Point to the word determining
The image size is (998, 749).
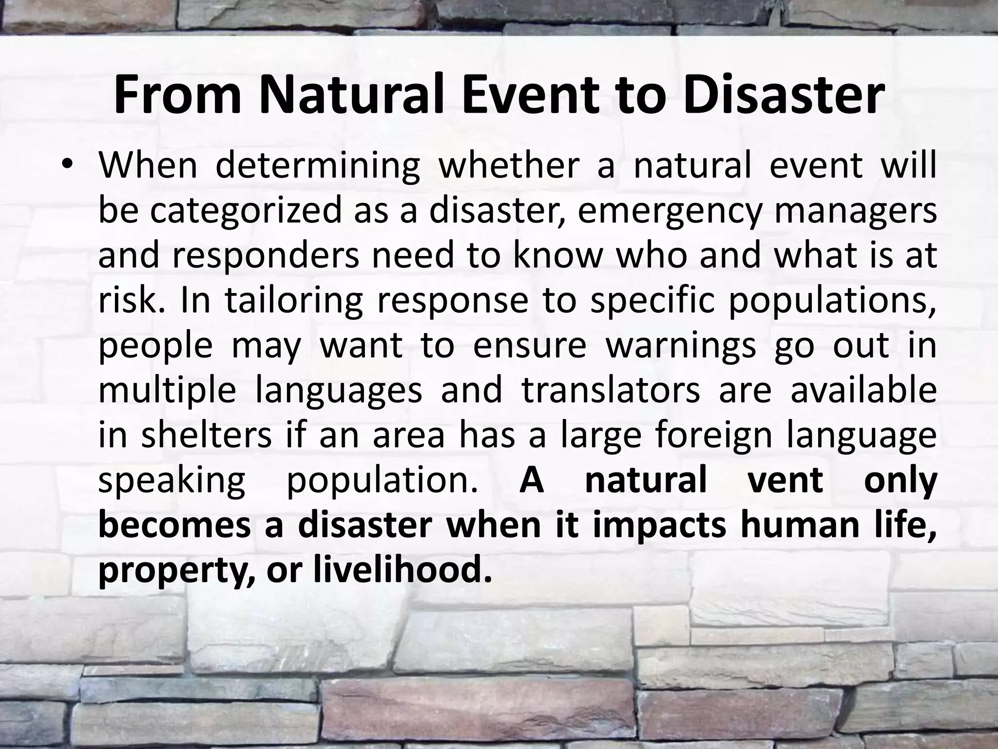click(317, 166)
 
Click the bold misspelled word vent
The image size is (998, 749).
click(785, 480)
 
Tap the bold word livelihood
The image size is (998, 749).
click(402, 569)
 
